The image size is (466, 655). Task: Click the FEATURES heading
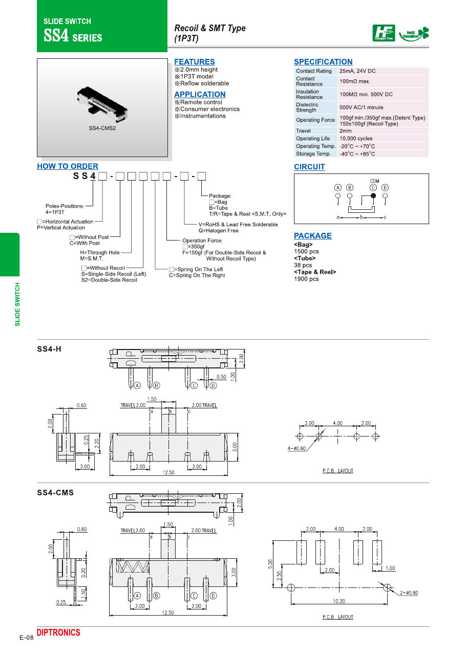[195, 62]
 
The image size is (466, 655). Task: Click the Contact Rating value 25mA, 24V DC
[357, 71]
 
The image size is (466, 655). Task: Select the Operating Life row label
[313, 139]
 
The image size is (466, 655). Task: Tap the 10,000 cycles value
[356, 139]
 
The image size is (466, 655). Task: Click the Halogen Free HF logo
[384, 33]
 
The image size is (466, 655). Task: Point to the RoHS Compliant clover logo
[414, 34]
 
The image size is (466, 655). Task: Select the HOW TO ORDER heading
[68, 166]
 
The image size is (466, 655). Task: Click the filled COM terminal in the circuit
[373, 196]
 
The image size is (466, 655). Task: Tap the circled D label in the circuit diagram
[385, 187]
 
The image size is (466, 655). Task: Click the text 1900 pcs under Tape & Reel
[306, 279]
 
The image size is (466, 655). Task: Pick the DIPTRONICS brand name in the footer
[58, 633]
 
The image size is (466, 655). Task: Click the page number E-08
[27, 638]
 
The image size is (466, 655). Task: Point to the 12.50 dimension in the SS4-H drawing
[168, 472]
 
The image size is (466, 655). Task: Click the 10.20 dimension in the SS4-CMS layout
[339, 601]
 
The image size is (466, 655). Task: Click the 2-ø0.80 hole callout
[408, 593]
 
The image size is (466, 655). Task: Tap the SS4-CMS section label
[55, 493]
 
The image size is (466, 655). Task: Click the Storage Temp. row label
[313, 154]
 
